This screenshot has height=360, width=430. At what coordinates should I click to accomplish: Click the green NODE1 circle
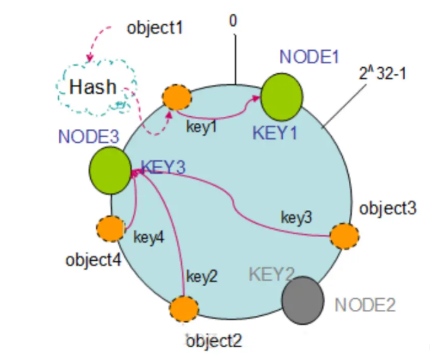pos(282,97)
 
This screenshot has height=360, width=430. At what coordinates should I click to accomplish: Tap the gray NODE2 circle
pos(303,299)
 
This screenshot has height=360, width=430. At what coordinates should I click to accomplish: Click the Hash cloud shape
pos(93,87)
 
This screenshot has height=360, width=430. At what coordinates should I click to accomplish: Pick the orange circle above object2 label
pos(184,309)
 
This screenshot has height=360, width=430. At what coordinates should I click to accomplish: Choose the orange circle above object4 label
pos(110,229)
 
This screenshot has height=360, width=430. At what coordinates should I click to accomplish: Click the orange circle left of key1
pos(177,97)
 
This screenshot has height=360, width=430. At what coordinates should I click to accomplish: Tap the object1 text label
pos(154,28)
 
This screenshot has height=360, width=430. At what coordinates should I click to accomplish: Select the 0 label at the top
pos(233,21)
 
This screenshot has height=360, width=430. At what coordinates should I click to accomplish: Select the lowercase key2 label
pos(202,277)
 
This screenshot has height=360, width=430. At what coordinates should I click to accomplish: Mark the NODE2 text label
pos(365,304)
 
